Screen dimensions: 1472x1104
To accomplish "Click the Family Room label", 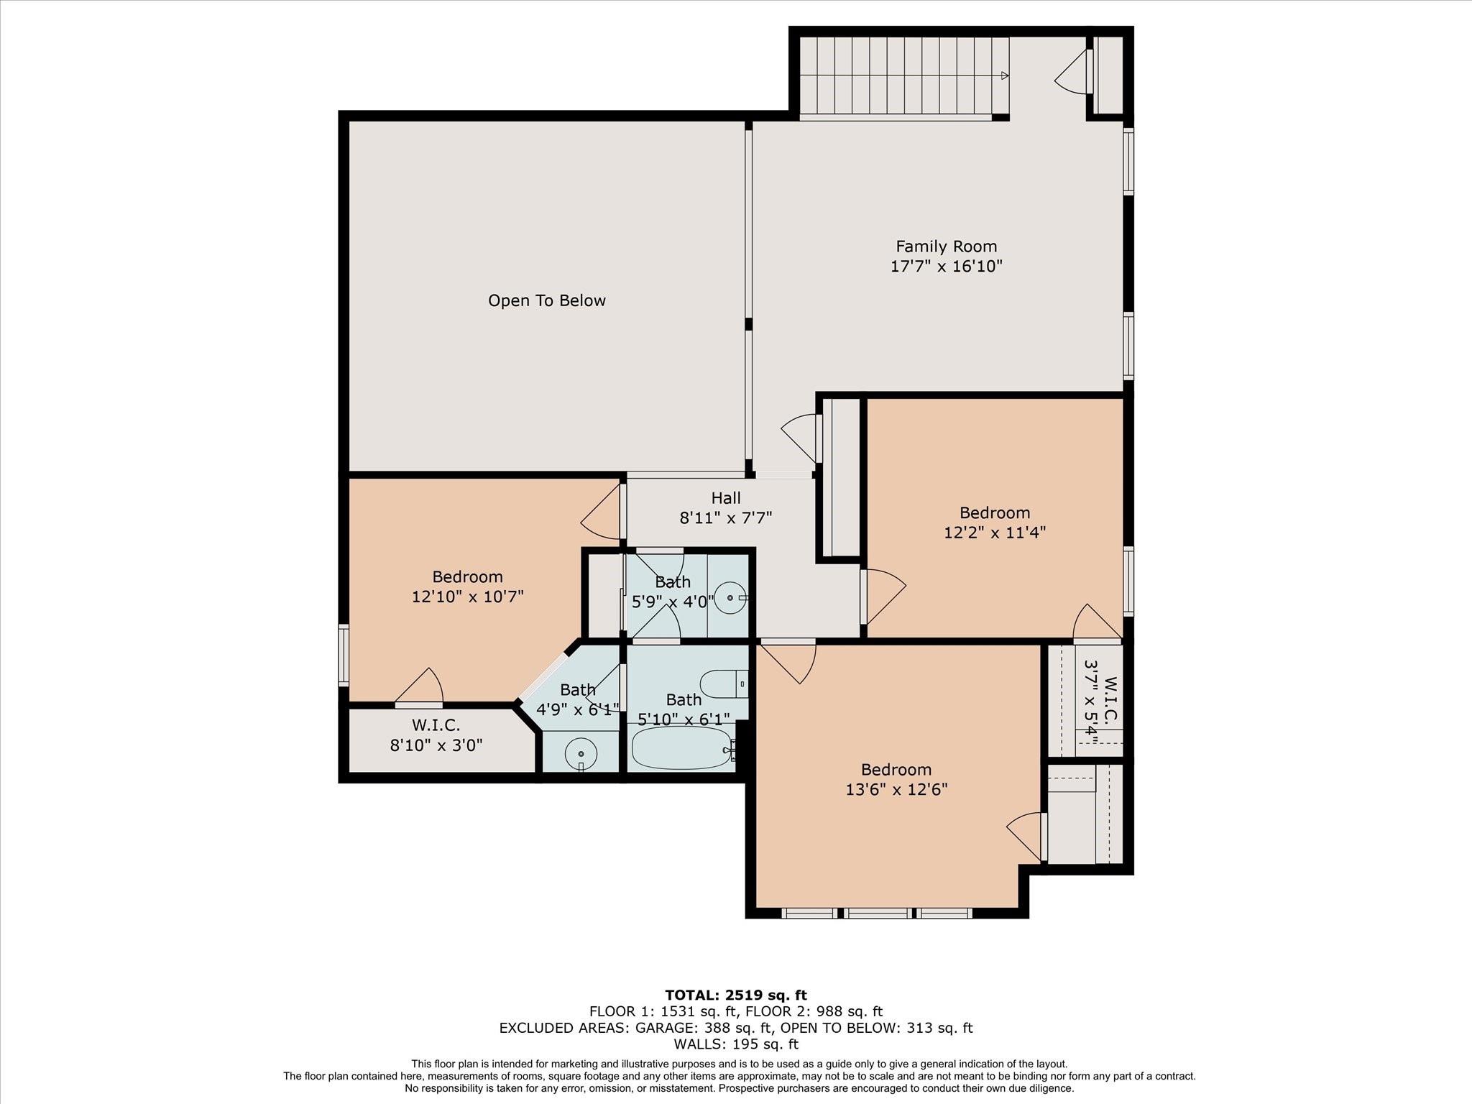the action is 946,247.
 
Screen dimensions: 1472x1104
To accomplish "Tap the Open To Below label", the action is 547,300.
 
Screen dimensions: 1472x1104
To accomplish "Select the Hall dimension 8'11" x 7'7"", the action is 726,517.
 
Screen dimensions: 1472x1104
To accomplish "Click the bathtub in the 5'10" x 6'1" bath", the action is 682,747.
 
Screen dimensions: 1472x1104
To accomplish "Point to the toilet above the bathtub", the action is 724,684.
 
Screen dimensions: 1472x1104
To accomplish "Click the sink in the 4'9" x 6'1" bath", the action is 581,754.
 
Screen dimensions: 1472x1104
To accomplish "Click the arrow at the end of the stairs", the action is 1004,75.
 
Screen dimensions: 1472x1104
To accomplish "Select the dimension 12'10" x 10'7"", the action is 468,597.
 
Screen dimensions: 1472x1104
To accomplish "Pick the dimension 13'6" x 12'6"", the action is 896,789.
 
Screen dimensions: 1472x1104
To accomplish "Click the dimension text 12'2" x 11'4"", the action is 995,533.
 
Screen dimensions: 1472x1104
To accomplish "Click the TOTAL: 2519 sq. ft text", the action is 736,995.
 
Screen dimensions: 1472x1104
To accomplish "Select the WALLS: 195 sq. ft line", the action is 736,1044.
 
